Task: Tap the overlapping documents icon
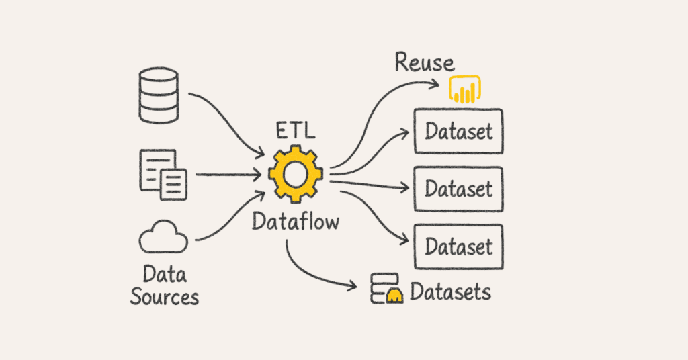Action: tap(163, 175)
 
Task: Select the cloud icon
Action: tap(163, 238)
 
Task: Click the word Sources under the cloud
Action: tap(165, 296)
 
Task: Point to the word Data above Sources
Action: tap(165, 274)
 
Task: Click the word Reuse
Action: tap(424, 63)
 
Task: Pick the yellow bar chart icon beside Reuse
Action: tap(466, 89)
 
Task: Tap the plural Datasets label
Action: tap(450, 292)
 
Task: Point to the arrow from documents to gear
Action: tap(228, 175)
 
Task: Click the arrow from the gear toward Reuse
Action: tap(376, 107)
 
